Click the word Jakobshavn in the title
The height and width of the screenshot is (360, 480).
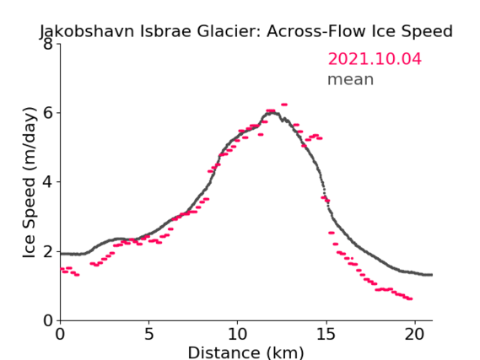pyautogui.click(x=87, y=32)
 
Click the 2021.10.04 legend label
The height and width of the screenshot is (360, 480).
pyautogui.click(x=375, y=59)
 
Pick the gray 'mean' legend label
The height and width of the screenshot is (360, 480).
pyautogui.click(x=351, y=79)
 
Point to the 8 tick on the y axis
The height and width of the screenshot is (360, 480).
pyautogui.click(x=48, y=44)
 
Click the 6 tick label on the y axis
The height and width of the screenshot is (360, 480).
pyautogui.click(x=48, y=113)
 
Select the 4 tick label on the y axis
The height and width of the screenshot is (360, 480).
pyautogui.click(x=48, y=182)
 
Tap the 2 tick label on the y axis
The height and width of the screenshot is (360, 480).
pyautogui.click(x=48, y=251)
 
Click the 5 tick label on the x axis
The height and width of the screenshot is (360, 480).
pyautogui.click(x=148, y=334)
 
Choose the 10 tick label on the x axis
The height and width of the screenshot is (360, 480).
pyautogui.click(x=237, y=334)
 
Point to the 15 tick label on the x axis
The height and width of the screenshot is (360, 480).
pyautogui.click(x=326, y=334)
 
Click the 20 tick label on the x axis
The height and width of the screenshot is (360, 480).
pyautogui.click(x=414, y=334)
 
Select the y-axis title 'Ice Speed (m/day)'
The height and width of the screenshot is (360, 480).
pyautogui.click(x=30, y=182)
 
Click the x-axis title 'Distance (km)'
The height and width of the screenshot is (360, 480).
pyautogui.click(x=245, y=352)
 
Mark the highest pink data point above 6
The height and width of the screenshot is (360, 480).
pyautogui.click(x=284, y=105)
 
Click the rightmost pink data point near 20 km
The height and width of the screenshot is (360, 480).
pyautogui.click(x=410, y=298)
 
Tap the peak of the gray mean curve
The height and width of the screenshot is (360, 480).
pyautogui.click(x=272, y=113)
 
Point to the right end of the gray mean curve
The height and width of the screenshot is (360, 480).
pyautogui.click(x=432, y=275)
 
